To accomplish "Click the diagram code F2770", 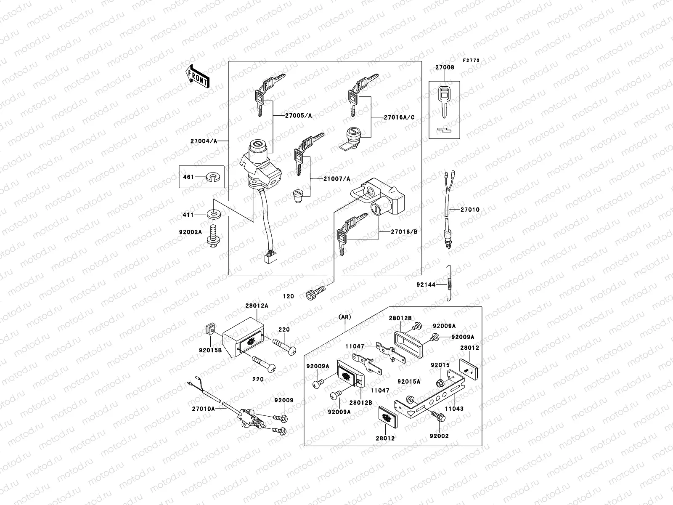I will tap(471, 61).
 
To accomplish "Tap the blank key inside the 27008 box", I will tap(444, 99).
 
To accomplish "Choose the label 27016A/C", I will tap(399, 117).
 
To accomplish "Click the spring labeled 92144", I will tap(449, 284).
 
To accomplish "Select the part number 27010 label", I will tap(470, 210).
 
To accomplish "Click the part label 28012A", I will tap(257, 306).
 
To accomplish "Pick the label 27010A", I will tap(203, 409).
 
